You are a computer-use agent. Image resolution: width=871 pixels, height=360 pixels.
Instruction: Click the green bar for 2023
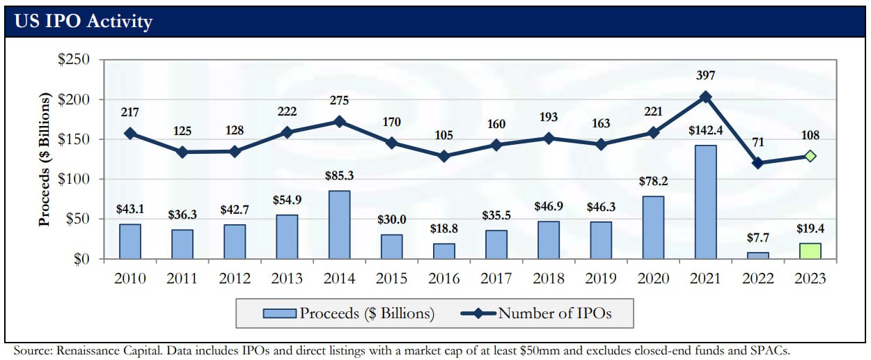click(810, 251)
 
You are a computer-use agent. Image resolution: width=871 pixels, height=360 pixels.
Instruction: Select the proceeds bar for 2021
click(705, 202)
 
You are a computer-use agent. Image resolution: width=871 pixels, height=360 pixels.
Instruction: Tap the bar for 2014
click(340, 225)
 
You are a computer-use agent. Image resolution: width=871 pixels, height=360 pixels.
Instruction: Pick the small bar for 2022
click(758, 256)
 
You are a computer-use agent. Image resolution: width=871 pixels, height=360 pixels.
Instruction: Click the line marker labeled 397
click(705, 97)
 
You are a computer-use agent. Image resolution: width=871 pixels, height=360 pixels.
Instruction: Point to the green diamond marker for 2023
click(810, 156)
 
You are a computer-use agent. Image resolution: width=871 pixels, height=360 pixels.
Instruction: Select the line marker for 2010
click(130, 133)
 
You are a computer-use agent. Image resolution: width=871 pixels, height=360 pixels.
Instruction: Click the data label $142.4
click(705, 131)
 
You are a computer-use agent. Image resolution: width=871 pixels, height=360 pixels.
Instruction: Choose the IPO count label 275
click(340, 100)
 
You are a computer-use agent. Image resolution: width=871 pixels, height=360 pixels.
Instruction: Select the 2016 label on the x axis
click(444, 279)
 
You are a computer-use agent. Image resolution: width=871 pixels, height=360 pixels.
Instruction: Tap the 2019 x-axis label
click(601, 279)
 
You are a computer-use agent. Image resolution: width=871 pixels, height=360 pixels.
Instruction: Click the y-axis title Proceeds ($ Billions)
click(45, 160)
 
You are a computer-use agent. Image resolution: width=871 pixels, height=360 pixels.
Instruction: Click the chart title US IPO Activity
click(83, 22)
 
